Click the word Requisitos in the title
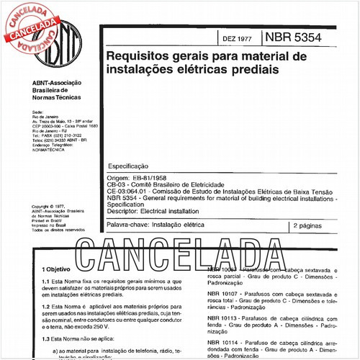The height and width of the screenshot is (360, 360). coord(135,55)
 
